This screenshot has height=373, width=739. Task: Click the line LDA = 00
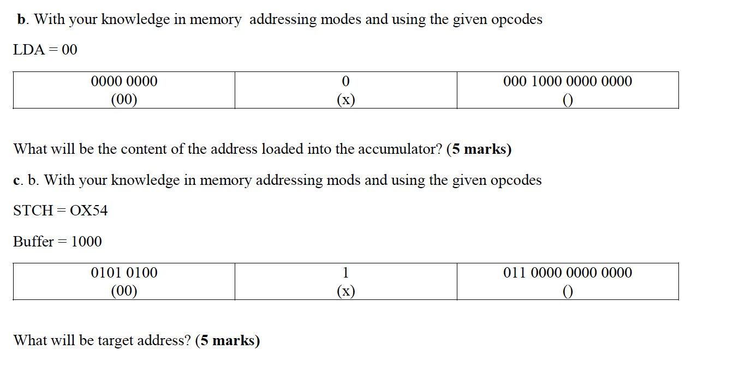pyautogui.click(x=45, y=50)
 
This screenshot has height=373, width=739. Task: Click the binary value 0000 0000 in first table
pyautogui.click(x=124, y=82)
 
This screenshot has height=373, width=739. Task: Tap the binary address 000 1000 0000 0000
pyautogui.click(x=568, y=82)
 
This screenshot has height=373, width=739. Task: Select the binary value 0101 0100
pyautogui.click(x=124, y=273)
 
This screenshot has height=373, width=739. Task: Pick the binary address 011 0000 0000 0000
pyautogui.click(x=568, y=273)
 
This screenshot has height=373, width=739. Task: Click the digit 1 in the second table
pyautogui.click(x=345, y=273)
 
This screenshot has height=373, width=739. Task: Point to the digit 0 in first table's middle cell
pyautogui.click(x=345, y=82)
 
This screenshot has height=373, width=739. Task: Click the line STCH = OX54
pyautogui.click(x=61, y=210)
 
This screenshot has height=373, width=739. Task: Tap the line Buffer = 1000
pyautogui.click(x=57, y=242)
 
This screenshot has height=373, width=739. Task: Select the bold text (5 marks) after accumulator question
pyautogui.click(x=479, y=149)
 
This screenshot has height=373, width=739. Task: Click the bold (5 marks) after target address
pyautogui.click(x=227, y=341)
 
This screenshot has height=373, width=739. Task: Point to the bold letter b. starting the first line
pyautogui.click(x=22, y=20)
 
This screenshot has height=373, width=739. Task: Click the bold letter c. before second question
pyautogui.click(x=18, y=181)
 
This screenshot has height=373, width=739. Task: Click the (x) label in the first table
pyautogui.click(x=345, y=100)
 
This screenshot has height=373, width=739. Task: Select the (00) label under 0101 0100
pyautogui.click(x=124, y=291)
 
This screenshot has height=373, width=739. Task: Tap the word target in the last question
pyautogui.click(x=115, y=341)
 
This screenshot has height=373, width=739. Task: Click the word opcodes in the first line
pyautogui.click(x=516, y=20)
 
